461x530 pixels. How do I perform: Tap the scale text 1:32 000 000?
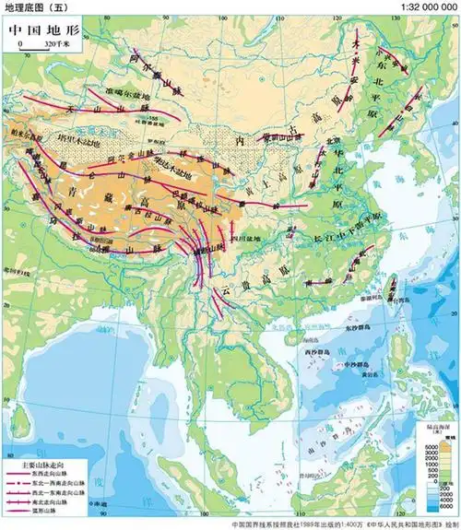tap(429, 7)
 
